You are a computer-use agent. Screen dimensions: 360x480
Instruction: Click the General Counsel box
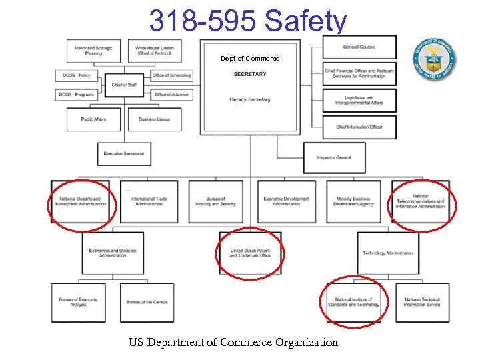tap(359, 47)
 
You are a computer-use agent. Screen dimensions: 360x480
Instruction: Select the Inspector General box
tap(334, 157)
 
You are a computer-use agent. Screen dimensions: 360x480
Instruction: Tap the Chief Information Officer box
tap(359, 127)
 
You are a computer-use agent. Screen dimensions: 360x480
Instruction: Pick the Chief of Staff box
tap(124, 85)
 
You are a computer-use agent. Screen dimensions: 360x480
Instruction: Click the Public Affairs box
tap(93, 119)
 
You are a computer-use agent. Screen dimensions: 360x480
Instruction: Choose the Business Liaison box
tap(155, 119)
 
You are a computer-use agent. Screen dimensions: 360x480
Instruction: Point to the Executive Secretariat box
tap(124, 154)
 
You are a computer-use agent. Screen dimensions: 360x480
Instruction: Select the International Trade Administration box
tap(149, 201)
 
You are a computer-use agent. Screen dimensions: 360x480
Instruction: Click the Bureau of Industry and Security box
tap(216, 201)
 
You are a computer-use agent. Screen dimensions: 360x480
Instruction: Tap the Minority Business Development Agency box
tap(353, 201)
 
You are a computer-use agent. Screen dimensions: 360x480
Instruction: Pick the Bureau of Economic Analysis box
tap(78, 303)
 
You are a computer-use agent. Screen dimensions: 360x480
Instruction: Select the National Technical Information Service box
tap(422, 303)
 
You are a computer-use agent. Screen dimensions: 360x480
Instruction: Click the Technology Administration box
tap(388, 253)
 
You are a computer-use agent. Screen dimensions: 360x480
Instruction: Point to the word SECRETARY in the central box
tap(250, 74)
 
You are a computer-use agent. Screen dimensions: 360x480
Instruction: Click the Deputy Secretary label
tap(250, 100)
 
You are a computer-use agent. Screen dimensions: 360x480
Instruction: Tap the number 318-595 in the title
tap(203, 21)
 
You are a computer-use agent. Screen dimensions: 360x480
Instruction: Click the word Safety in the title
tap(306, 21)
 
